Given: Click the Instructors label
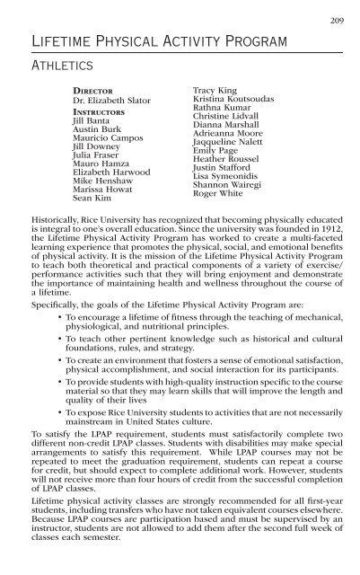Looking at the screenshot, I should (100, 113).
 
